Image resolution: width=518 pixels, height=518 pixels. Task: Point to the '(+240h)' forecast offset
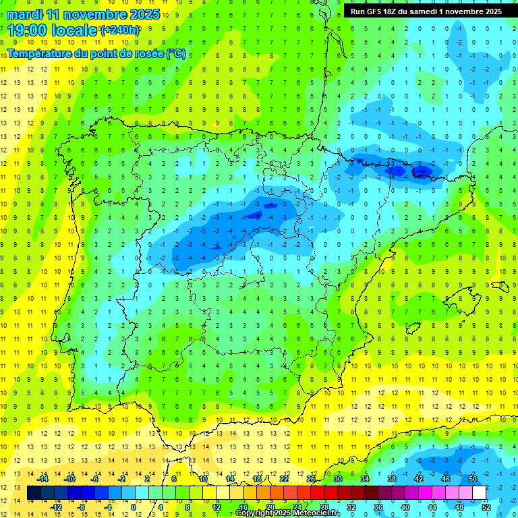(120, 30)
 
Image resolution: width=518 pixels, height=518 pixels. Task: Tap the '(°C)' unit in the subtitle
(177, 53)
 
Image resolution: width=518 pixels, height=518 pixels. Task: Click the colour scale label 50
(473, 479)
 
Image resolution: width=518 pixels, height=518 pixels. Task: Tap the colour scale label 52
(486, 507)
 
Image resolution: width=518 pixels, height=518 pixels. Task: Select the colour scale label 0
(133, 507)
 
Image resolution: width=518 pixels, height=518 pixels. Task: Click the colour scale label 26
(311, 479)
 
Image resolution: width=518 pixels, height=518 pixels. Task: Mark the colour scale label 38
(392, 479)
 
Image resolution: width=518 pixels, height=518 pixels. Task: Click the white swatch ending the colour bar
(480, 493)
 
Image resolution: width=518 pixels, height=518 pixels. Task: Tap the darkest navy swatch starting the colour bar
(34, 493)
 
